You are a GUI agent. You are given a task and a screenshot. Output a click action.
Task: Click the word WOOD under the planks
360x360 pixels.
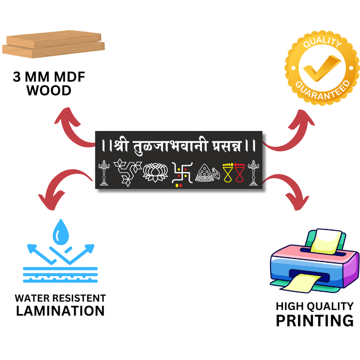(x=49, y=90)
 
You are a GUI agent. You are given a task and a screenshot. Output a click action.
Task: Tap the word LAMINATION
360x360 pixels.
(x=60, y=310)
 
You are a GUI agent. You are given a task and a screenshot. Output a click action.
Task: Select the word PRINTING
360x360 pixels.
(x=314, y=321)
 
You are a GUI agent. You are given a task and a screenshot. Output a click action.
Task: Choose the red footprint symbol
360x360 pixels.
(x=239, y=173)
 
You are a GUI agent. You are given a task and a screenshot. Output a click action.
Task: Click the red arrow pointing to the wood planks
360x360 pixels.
(x=72, y=130)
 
